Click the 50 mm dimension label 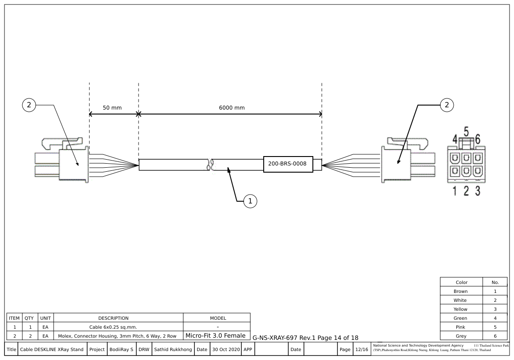(x=112, y=108)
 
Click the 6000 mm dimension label (x=231, y=108)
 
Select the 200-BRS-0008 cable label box (x=287, y=164)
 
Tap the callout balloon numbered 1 (x=250, y=201)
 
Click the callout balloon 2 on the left (x=29, y=105)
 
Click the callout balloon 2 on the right (x=446, y=105)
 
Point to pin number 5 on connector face (x=466, y=132)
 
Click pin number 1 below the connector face (x=455, y=191)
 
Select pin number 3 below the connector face (x=477, y=191)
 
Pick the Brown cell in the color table (x=460, y=291)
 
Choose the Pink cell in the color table (x=460, y=327)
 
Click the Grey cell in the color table (x=460, y=336)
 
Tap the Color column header (x=461, y=282)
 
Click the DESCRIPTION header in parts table (x=113, y=318)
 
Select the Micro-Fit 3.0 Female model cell (x=215, y=335)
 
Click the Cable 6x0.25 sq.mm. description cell (x=113, y=327)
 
